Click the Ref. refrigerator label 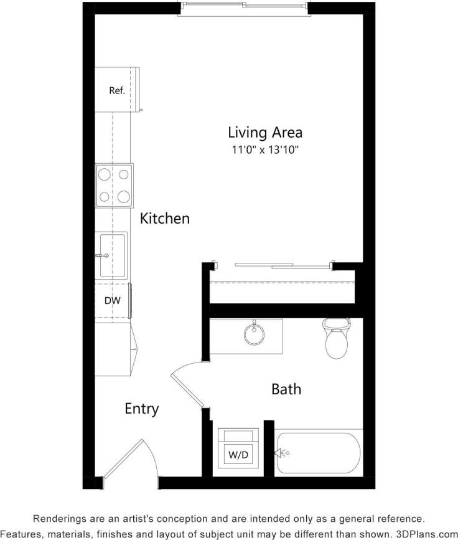click(117, 90)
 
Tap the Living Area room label click(265, 132)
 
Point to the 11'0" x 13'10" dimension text click(265, 150)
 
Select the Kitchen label click(164, 219)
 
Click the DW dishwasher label click(112, 301)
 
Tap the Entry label click(142, 409)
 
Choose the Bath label click(286, 389)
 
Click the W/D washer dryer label click(238, 455)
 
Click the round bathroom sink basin click(254, 334)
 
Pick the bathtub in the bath click(319, 453)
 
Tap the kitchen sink click(112, 255)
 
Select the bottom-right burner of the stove click(124, 197)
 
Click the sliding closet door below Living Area click(283, 265)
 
